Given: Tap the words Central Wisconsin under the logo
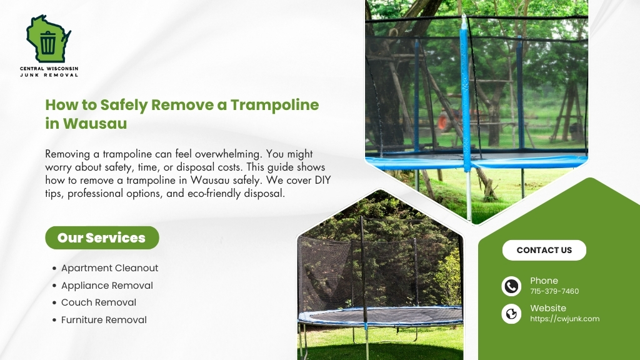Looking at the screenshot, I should point(49,68).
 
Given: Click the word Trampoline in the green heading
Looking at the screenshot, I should point(275,104).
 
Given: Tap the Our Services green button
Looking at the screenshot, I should point(102,237).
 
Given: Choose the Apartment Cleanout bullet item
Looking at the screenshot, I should point(109,268).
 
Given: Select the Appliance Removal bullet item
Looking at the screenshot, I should point(107,286).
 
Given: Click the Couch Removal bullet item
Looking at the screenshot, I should point(98,302).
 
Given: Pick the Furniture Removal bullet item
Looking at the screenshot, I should point(104,320).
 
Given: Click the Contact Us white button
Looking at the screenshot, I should point(544,250).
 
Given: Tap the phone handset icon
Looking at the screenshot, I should point(511,286).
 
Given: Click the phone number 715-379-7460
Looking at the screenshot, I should point(554,291).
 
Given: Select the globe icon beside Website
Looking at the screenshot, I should point(511,314).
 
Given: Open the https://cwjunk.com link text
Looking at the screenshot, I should point(564,319).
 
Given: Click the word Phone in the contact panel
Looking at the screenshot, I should point(544,281).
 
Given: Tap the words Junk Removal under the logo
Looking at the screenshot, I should point(49,75).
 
